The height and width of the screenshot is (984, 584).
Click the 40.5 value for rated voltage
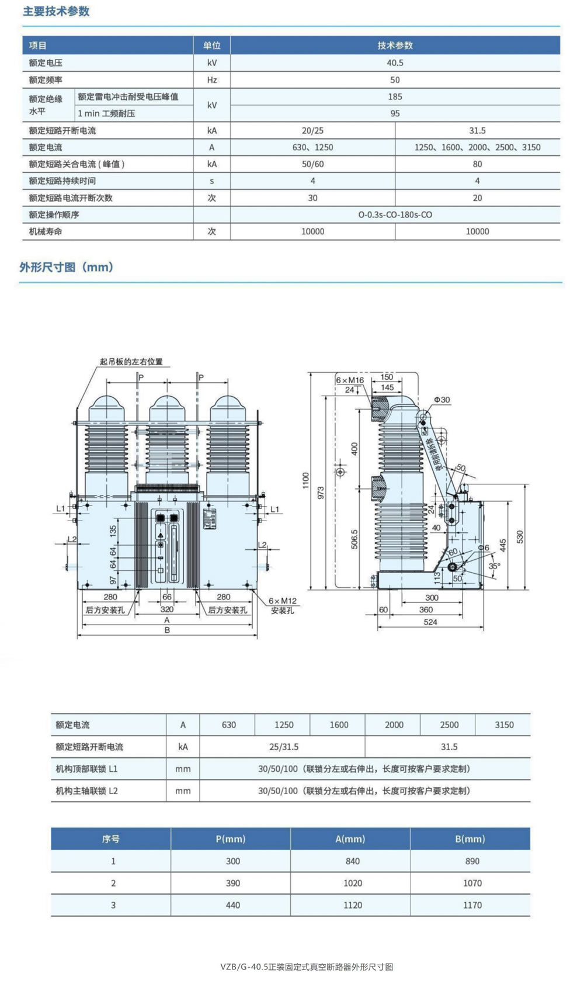395,63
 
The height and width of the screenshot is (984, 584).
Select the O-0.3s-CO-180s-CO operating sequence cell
395,214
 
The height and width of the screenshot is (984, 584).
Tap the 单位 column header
211,46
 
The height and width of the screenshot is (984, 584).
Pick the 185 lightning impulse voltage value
395,96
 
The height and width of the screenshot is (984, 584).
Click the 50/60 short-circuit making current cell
312,164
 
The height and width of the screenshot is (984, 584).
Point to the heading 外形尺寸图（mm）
67,267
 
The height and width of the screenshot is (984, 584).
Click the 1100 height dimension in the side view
306,480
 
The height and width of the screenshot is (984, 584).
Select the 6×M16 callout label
349,380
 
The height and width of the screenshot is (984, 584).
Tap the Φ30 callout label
442,400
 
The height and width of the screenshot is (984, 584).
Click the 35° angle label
494,566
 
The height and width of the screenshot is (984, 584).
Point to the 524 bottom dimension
430,622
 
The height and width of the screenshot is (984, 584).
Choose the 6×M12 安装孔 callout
283,605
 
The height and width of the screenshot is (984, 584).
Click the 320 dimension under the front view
167,609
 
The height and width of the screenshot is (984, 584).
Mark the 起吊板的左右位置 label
131,362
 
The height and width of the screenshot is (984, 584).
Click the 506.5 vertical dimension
354,539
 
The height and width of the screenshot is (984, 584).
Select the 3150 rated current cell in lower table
504,725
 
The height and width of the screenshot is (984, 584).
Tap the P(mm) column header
231,839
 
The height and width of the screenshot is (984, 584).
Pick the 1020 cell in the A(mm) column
353,883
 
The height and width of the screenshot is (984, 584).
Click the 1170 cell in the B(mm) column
472,905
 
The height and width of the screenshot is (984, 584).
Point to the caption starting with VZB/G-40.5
307,966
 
